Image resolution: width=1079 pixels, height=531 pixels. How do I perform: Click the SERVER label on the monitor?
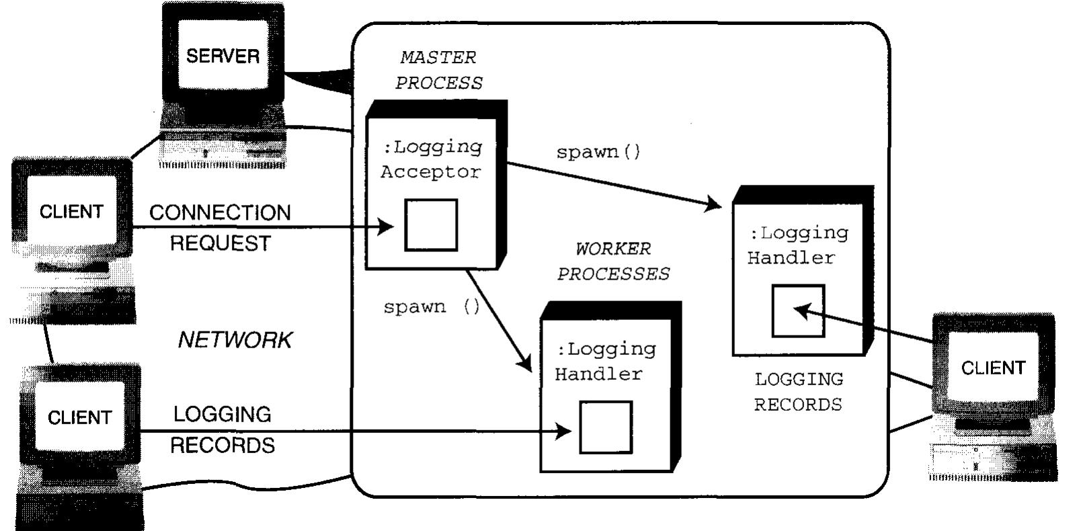point(223,56)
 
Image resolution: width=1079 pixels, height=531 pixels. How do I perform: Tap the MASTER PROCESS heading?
point(438,70)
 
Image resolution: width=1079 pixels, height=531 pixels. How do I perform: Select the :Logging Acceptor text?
point(432,159)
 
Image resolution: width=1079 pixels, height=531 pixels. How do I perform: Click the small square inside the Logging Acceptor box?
point(431,225)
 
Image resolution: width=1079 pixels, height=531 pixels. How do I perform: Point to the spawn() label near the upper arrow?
point(598,152)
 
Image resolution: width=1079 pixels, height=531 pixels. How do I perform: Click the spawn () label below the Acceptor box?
point(432,307)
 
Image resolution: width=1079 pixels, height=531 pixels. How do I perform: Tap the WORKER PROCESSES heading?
point(613,261)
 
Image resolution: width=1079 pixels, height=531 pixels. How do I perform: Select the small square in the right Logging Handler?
point(798,311)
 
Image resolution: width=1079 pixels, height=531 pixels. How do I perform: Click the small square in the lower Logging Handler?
point(606,427)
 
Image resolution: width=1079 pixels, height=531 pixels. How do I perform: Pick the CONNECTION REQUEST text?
point(220,227)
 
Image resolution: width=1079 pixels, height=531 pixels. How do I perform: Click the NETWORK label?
point(235,340)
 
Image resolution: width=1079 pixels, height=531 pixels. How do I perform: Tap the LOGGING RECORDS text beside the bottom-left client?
point(222,430)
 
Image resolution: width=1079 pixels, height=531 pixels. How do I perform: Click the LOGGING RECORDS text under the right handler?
point(798,392)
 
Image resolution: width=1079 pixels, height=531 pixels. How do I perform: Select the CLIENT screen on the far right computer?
point(993,368)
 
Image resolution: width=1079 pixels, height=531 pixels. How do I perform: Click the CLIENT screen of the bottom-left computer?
point(79,417)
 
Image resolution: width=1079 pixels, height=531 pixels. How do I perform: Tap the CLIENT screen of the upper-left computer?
point(71,212)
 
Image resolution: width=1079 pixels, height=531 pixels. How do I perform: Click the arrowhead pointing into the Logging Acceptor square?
point(387,227)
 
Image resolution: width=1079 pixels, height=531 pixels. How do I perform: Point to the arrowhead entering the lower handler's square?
point(564,431)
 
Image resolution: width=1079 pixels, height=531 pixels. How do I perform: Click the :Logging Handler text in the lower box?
point(606,361)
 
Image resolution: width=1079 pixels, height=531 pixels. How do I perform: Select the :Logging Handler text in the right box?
point(798,245)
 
